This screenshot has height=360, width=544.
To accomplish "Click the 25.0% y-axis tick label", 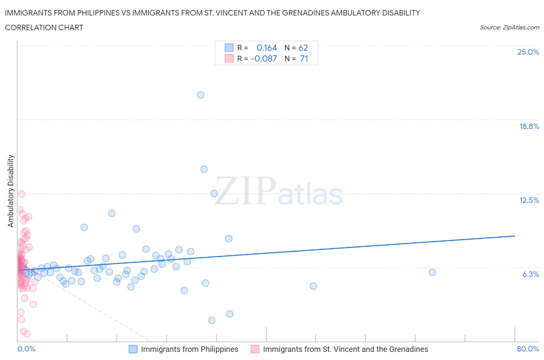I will tap(528, 52).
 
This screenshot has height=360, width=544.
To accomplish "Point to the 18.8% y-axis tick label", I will tap(529, 126).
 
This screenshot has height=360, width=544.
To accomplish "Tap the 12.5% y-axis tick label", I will tap(529, 200).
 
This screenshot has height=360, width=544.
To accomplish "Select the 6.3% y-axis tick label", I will tap(530, 274).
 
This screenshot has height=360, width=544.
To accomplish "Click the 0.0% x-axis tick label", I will tap(26, 349).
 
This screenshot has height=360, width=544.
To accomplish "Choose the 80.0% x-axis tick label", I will tap(528, 349).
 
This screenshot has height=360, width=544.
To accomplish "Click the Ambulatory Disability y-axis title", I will tap(11, 191).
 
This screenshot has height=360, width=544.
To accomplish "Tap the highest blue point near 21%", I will tap(200, 95).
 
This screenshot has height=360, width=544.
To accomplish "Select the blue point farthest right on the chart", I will tap(432, 273).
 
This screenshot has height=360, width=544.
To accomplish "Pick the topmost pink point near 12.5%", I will tap(22, 194).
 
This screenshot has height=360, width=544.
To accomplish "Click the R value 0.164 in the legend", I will tap(267, 48).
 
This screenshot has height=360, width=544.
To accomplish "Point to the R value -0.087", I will tap(264, 58).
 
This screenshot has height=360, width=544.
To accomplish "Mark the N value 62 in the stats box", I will tap(303, 48).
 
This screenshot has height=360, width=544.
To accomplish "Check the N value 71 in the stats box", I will tap(304, 58).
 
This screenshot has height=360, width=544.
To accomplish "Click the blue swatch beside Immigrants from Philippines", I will tap(133, 349).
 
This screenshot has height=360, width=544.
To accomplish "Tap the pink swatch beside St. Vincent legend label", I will tap(255, 349).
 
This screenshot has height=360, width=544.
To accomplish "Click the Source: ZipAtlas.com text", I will tap(509, 27).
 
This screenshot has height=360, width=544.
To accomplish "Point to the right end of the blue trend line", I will tap(515, 236).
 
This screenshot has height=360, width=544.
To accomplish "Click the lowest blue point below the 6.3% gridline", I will tap(212, 320).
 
